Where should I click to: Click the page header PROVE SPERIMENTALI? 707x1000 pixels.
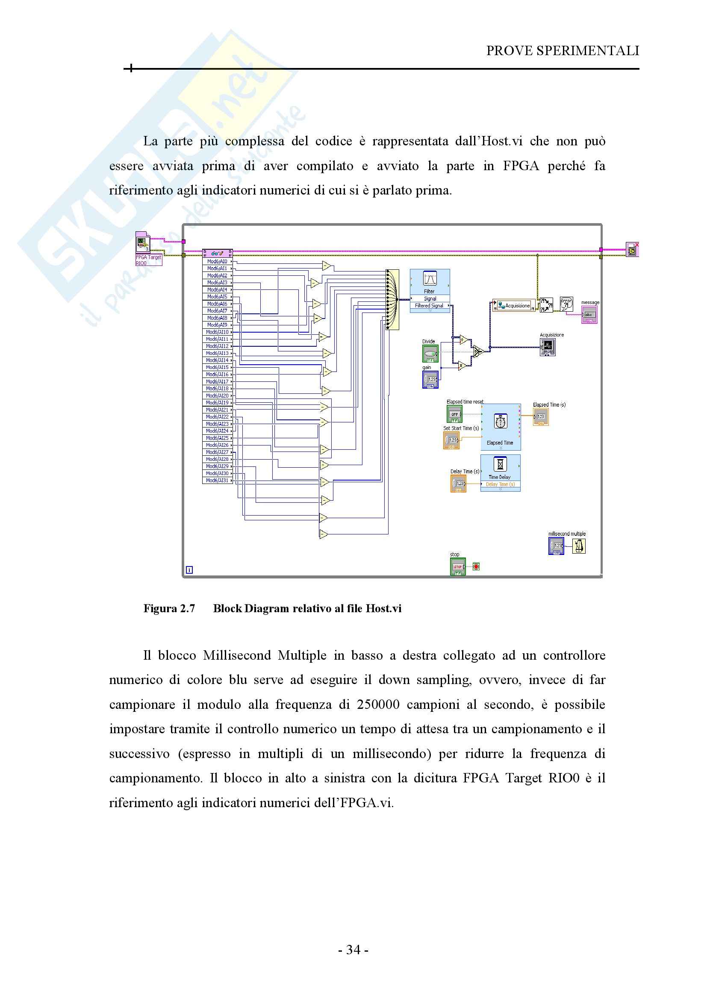tap(562, 51)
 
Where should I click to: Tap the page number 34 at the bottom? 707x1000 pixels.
tap(353, 950)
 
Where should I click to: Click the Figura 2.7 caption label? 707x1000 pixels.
tap(169, 608)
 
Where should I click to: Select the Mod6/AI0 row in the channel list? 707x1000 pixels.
tap(217, 262)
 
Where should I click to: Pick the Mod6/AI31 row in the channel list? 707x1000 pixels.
tap(217, 481)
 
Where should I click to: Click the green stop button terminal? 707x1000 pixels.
tap(457, 566)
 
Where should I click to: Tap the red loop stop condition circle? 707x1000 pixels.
tap(476, 566)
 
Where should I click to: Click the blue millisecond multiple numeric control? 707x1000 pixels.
tap(557, 546)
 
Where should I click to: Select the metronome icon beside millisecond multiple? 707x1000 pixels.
tap(579, 546)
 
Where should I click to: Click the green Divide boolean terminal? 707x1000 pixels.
tap(430, 353)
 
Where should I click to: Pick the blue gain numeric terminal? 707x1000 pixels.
tap(430, 379)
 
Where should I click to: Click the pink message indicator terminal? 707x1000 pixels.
tap(589, 315)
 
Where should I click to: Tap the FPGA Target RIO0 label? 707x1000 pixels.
tap(148, 260)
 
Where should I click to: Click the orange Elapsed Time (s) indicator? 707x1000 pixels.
tap(541, 417)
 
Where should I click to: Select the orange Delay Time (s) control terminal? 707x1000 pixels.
tap(458, 484)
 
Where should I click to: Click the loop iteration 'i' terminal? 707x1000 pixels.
tap(189, 569)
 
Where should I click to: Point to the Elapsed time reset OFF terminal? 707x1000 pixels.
tap(454, 414)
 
